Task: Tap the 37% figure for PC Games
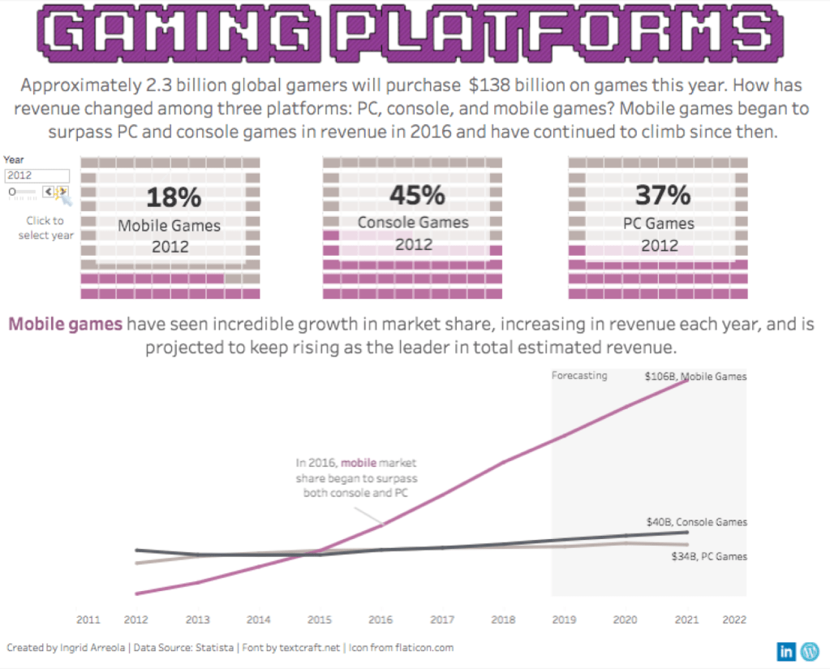point(658,196)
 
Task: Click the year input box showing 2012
point(37,175)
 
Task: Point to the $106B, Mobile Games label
point(695,376)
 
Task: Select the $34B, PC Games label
point(708,556)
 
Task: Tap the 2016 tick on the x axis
point(381,619)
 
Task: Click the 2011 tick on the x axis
point(88,619)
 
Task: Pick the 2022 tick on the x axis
point(734,619)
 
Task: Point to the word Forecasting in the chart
point(579,376)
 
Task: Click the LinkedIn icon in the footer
point(786,650)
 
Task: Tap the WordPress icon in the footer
point(810,650)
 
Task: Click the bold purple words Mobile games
point(66,325)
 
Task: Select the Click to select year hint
point(45,227)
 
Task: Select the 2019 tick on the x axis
point(564,619)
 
